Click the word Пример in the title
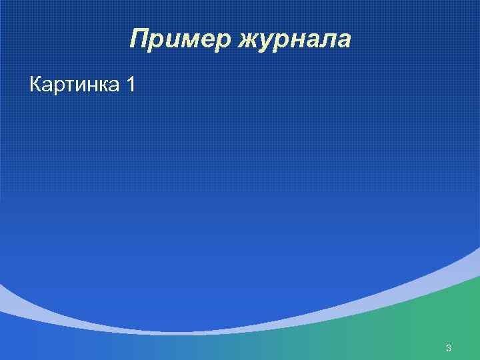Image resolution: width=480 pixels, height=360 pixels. (179, 40)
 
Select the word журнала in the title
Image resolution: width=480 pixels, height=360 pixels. (291, 40)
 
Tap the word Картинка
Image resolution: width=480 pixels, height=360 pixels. (73, 85)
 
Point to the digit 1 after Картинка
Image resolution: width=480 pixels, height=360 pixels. (130, 85)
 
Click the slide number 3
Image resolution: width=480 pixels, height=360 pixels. (449, 348)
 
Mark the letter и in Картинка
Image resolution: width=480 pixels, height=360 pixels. (80, 86)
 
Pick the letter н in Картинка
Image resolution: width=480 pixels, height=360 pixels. (93, 86)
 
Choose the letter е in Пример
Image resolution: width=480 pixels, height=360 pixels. (206, 41)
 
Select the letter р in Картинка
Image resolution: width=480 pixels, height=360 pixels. (57, 87)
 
